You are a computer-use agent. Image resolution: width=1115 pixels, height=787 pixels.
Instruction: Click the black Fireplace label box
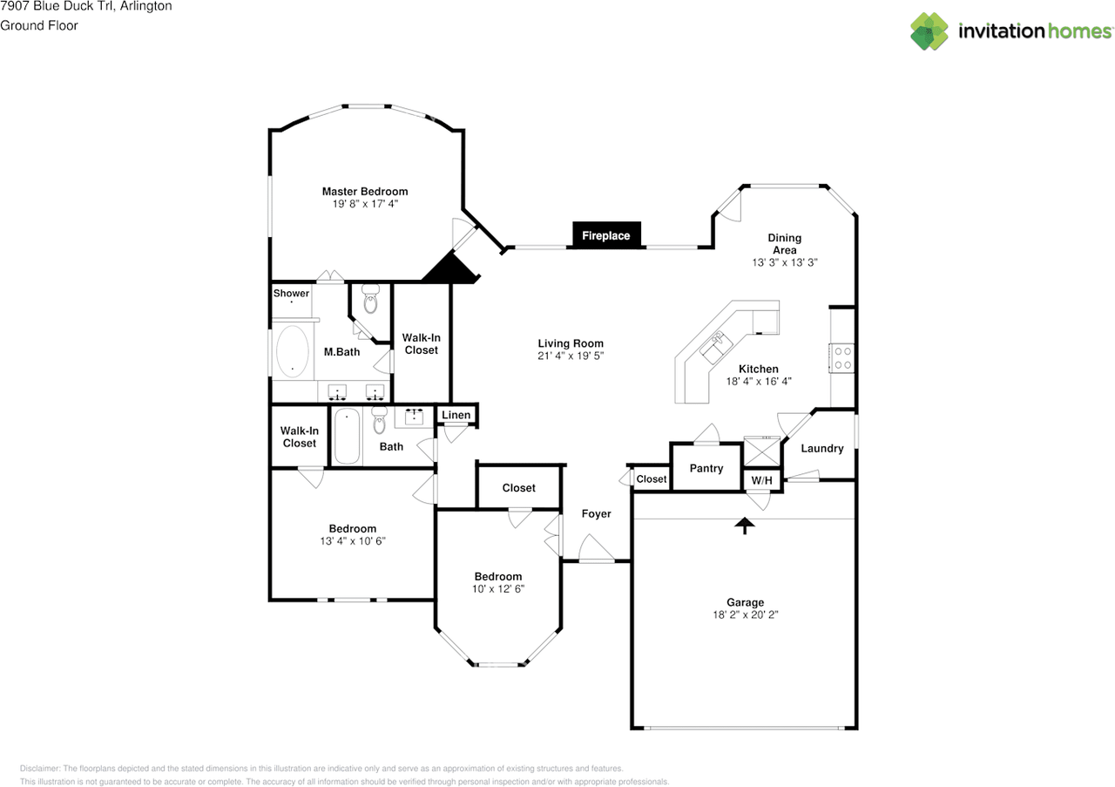coord(606,234)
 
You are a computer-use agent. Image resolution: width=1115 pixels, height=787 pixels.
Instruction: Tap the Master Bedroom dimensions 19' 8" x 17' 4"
coord(365,204)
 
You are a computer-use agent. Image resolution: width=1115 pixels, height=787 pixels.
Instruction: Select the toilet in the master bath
coord(370,299)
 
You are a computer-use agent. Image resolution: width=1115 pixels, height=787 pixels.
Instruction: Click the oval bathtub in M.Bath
coord(293,351)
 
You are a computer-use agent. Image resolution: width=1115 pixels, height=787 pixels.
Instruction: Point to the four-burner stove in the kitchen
coord(842,358)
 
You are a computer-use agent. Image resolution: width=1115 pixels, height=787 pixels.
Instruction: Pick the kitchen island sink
coord(716,347)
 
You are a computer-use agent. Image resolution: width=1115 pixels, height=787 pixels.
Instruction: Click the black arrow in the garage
coord(745,526)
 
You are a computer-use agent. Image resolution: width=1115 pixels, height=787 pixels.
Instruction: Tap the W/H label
coord(761,480)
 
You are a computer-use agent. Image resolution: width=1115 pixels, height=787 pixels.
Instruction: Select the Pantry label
coord(706,468)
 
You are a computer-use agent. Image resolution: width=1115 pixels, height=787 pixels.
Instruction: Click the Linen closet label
coord(456,415)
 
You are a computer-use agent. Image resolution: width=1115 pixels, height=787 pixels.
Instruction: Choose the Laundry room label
coord(821,448)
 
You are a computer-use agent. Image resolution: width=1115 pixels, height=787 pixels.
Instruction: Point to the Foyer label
coord(597,513)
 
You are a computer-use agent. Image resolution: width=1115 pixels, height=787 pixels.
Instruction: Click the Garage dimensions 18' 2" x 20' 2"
coord(745,614)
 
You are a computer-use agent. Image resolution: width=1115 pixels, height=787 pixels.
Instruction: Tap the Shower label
coord(291,294)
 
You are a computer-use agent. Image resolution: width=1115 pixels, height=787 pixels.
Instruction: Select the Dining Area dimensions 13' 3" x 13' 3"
coord(785,262)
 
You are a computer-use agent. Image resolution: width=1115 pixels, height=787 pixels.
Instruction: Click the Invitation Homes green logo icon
coord(929,31)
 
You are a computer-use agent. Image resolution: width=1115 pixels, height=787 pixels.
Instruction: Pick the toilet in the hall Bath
coord(379,420)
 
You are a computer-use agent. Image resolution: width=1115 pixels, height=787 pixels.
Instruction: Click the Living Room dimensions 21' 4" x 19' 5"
coord(571,356)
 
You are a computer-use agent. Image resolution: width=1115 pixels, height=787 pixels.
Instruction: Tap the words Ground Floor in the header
coord(39,25)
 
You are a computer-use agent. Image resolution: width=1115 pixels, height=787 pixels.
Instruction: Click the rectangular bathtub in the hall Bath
coord(347,437)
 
